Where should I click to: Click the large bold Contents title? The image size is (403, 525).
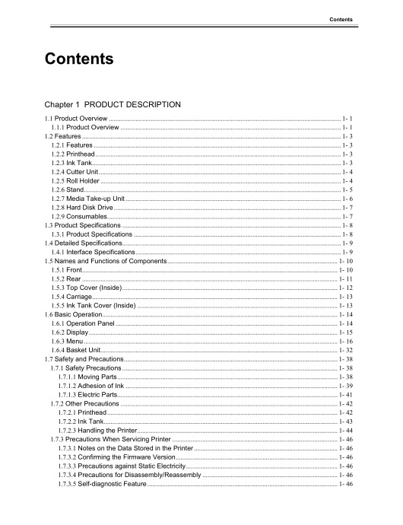pyautogui.click(x=81, y=58)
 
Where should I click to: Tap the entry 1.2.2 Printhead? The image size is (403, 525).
pyautogui.click(x=73, y=153)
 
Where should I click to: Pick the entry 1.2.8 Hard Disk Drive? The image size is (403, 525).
pyautogui.click(x=81, y=206)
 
